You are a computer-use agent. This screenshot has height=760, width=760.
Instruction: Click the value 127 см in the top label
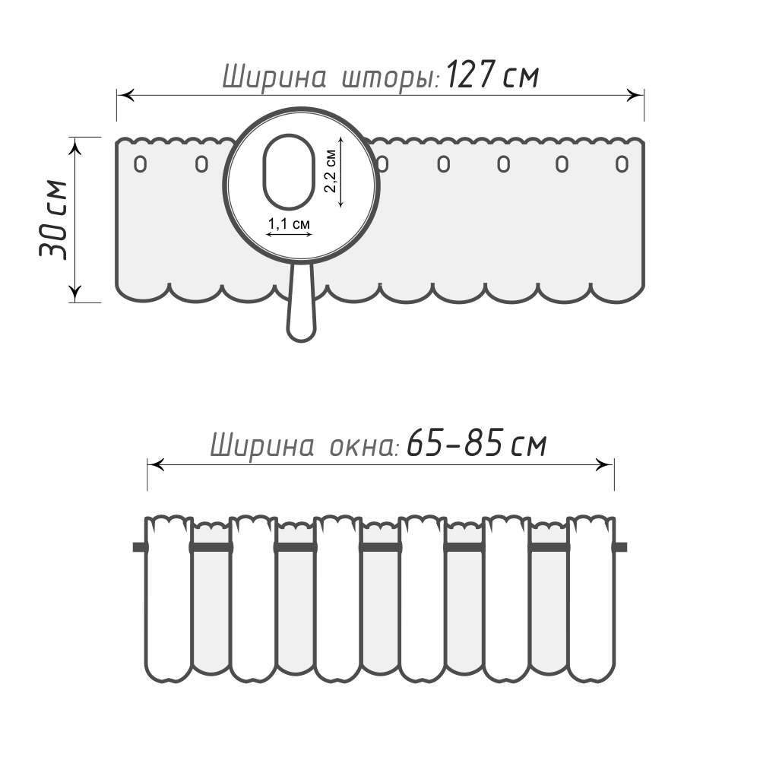point(492,74)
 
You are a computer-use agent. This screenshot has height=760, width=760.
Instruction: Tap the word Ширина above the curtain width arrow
point(274,77)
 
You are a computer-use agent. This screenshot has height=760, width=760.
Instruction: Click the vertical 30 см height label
point(53,220)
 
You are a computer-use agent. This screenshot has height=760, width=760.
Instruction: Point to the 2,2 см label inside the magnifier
point(330,170)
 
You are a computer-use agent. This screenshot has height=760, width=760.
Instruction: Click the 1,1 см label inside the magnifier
point(289,223)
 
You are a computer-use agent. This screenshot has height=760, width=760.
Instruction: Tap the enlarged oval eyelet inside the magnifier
point(289,172)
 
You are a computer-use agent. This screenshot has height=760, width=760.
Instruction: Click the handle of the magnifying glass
point(302,303)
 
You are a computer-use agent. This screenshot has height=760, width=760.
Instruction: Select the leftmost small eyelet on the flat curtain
point(140,164)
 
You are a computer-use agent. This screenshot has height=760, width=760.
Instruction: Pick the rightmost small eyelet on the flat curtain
point(622,164)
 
